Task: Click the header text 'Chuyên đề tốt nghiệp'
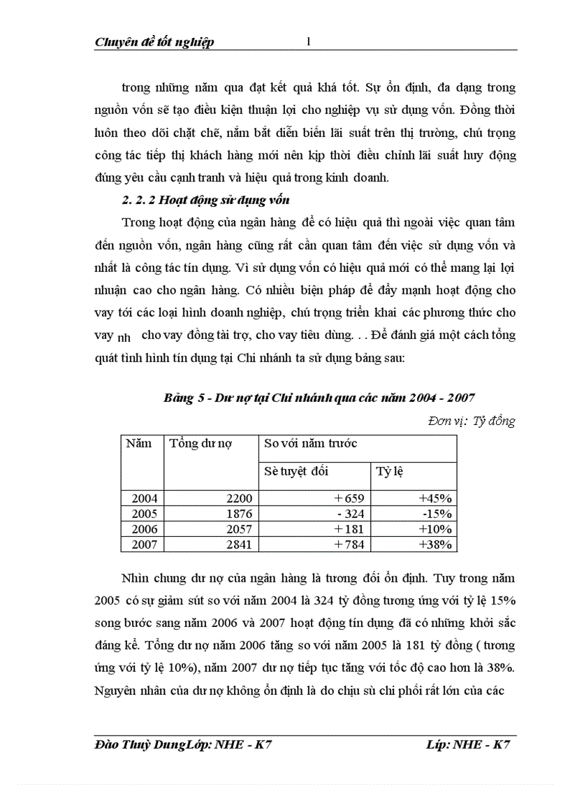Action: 154,42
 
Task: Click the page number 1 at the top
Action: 308,41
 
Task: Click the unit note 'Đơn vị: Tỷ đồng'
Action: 471,421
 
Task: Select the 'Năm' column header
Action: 138,443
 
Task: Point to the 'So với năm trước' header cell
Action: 310,443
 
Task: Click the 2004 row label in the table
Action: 145,498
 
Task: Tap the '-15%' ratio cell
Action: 437,514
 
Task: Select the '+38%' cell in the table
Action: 436,545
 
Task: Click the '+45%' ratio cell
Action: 436,498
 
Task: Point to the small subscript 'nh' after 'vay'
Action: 124,338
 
